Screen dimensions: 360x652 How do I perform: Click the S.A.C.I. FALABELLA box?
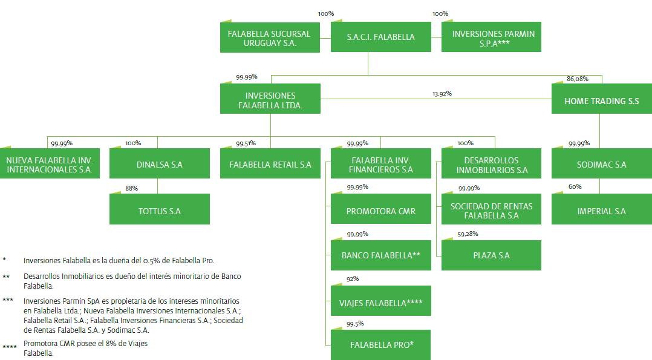381,37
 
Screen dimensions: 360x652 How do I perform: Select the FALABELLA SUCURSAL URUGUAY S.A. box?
270,38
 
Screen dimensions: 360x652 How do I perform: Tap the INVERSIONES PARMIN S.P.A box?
491,38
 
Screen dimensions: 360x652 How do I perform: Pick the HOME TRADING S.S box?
602,101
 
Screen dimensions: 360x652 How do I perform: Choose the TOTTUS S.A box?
160,211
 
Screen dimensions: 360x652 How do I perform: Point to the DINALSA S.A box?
160,165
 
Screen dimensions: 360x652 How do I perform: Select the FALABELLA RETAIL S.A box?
270,165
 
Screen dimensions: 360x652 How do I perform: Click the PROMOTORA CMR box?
381,211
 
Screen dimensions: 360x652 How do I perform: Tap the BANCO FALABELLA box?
381,255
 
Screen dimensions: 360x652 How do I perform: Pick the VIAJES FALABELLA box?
381,303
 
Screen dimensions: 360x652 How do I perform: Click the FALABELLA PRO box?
381,345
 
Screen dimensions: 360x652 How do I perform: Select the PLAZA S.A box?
491,255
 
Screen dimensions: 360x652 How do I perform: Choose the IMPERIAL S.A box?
602,211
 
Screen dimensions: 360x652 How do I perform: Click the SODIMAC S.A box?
602,165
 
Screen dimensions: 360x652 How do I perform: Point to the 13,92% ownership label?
442,94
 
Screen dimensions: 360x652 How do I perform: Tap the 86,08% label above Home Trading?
577,79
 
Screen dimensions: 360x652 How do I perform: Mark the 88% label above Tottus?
131,188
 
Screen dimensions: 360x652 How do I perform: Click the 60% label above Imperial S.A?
575,187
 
